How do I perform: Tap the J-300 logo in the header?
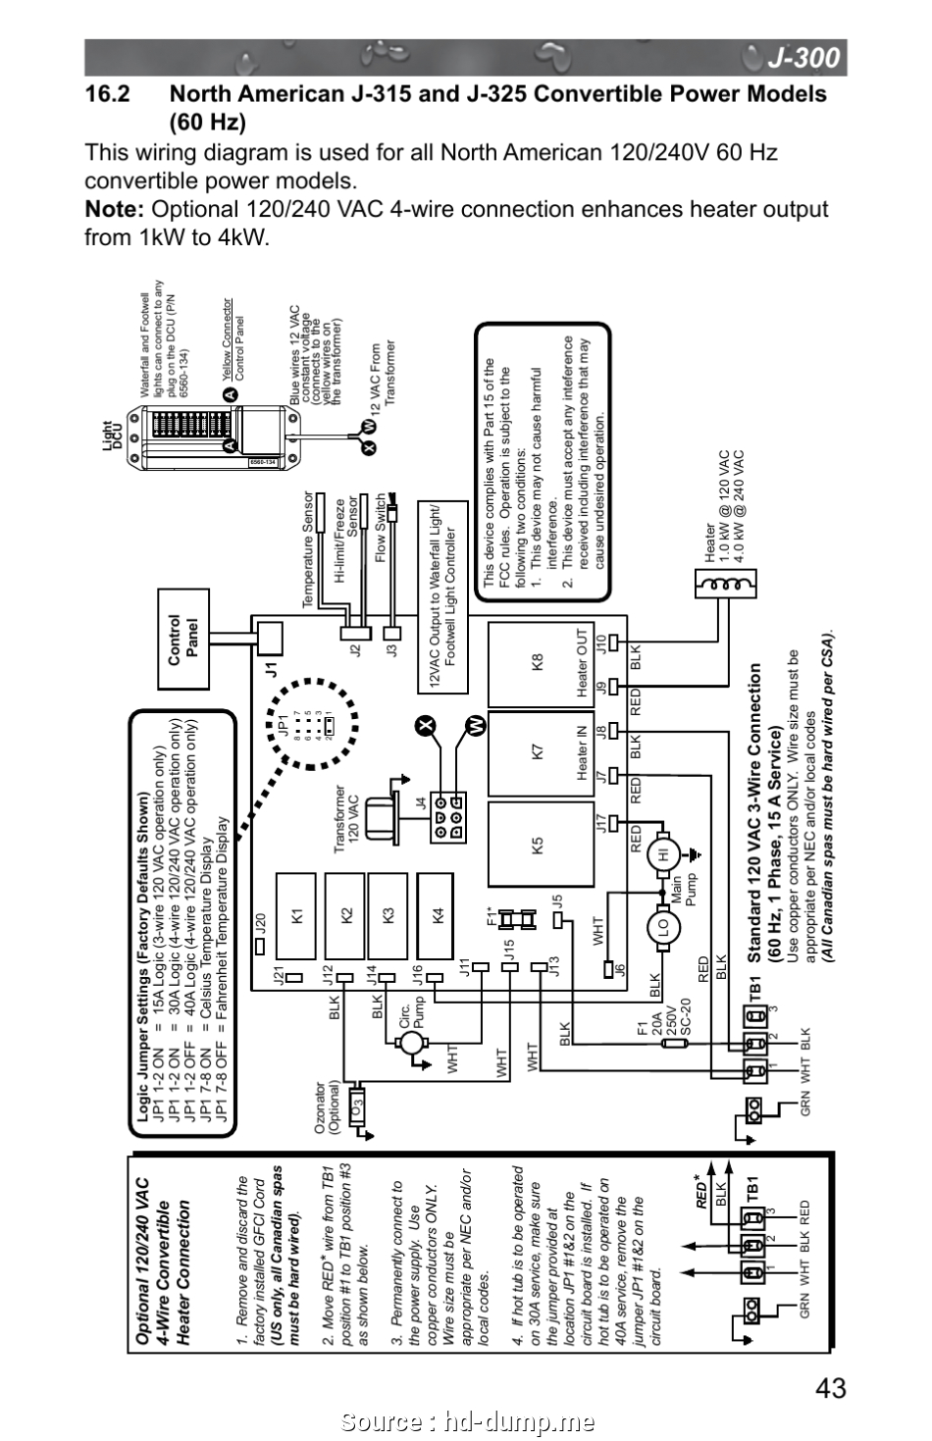pyautogui.click(x=803, y=59)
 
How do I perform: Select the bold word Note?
pyautogui.click(x=115, y=209)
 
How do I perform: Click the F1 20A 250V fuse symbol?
pyautogui.click(x=672, y=1044)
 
